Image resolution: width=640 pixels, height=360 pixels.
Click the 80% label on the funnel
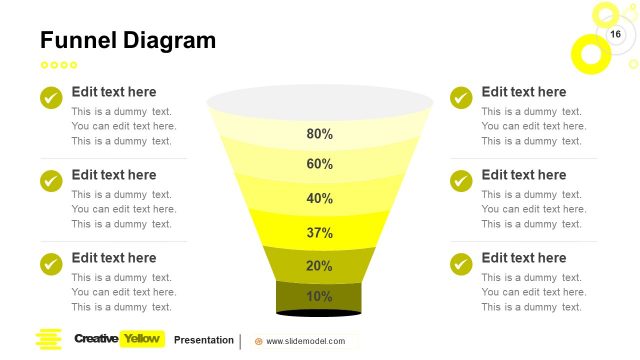coord(320,134)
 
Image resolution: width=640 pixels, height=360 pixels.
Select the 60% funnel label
coord(320,164)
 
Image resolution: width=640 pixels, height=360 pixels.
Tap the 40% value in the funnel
coord(320,198)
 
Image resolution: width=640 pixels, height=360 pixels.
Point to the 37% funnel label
coord(320,233)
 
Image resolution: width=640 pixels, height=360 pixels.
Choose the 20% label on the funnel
coord(320,266)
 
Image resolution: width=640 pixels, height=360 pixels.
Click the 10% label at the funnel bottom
coord(320,296)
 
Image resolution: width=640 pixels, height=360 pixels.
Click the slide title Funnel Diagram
coord(127,40)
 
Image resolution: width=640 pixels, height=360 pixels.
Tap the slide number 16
coord(616,35)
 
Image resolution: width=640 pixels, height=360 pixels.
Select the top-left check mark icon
coord(51,98)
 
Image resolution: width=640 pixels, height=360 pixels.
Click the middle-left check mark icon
coord(51,181)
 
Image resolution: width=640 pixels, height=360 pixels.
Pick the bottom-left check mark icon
coord(51,264)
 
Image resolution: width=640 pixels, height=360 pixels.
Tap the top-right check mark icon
coord(461,98)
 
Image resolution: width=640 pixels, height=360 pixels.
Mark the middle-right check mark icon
coord(461,181)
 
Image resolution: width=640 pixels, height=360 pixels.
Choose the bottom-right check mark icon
coord(461,264)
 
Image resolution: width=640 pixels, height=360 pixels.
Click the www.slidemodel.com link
coord(305,341)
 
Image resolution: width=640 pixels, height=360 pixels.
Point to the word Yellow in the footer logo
coord(141,339)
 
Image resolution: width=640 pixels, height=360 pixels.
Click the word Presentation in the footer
coord(204,340)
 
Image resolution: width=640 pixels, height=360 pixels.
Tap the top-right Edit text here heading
coord(524,92)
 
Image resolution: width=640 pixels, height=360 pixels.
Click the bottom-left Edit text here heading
coord(114,258)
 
